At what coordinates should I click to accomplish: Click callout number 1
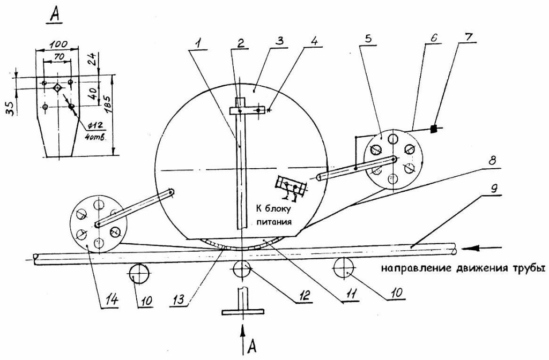(x=198, y=44)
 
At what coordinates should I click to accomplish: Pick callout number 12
(x=303, y=296)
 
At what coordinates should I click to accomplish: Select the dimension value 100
(x=58, y=44)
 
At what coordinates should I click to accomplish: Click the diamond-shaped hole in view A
(x=57, y=88)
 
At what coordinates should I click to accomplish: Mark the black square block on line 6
(x=434, y=129)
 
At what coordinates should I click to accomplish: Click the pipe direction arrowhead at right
(x=471, y=248)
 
